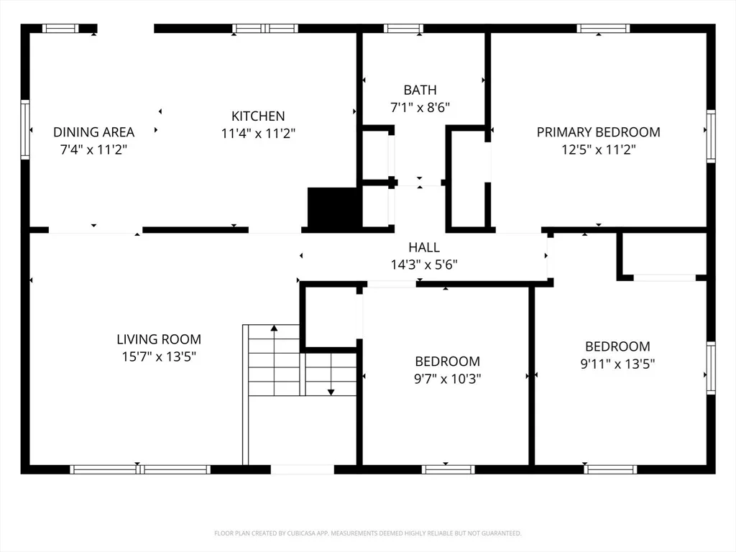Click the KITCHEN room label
(258, 116)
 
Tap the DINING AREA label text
(94, 132)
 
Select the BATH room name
(420, 90)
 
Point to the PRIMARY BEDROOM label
(599, 132)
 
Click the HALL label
(424, 247)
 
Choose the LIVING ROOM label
(159, 339)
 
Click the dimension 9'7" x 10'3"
(447, 379)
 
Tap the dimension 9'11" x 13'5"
(617, 364)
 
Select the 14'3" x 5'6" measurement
(424, 264)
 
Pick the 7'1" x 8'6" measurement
(420, 108)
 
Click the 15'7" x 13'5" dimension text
(159, 356)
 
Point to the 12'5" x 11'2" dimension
(599, 149)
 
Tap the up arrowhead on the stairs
(274, 328)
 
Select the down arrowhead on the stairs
(331, 392)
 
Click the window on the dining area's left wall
(25, 129)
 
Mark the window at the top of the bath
(403, 29)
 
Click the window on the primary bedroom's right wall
(711, 136)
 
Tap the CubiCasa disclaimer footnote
(368, 533)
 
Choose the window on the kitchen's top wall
(265, 29)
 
